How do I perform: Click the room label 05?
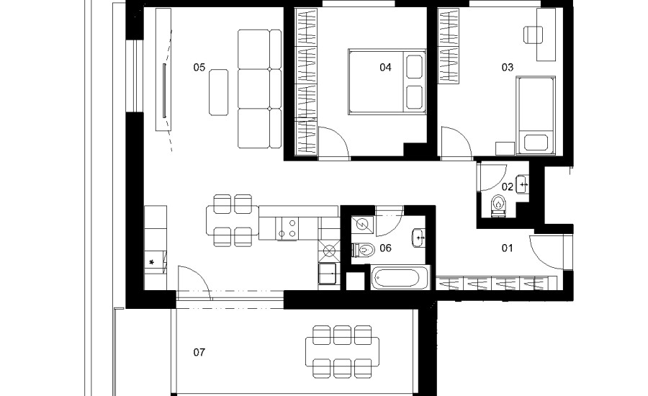click(x=199, y=68)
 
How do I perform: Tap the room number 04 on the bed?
click(x=386, y=68)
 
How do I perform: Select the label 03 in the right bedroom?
click(x=508, y=68)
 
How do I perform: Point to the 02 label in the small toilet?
click(x=508, y=186)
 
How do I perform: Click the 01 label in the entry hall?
click(x=508, y=248)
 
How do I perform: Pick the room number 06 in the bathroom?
click(x=386, y=248)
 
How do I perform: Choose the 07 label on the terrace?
click(x=199, y=352)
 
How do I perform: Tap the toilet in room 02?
click(x=499, y=205)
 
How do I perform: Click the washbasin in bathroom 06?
click(x=418, y=238)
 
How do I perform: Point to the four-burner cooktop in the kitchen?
click(x=287, y=228)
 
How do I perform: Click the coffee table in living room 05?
click(x=219, y=92)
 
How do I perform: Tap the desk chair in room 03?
click(x=533, y=35)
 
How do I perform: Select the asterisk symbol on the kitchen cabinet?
click(x=152, y=262)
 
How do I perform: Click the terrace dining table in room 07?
click(x=342, y=352)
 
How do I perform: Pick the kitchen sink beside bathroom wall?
click(x=328, y=273)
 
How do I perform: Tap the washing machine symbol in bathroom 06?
click(x=364, y=225)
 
